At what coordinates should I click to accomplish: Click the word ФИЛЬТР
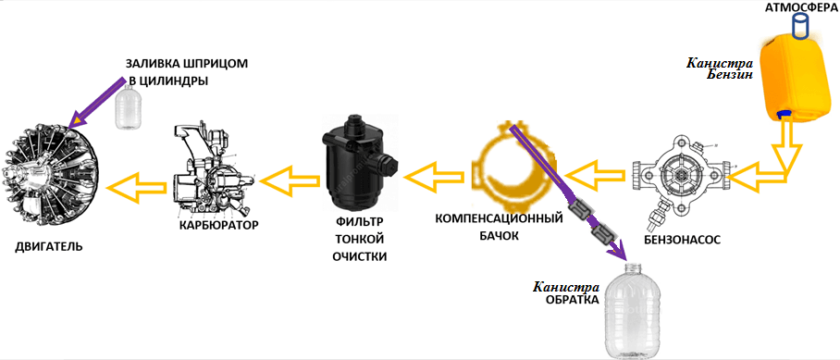[357, 223]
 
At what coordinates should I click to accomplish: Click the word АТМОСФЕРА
[799, 8]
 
